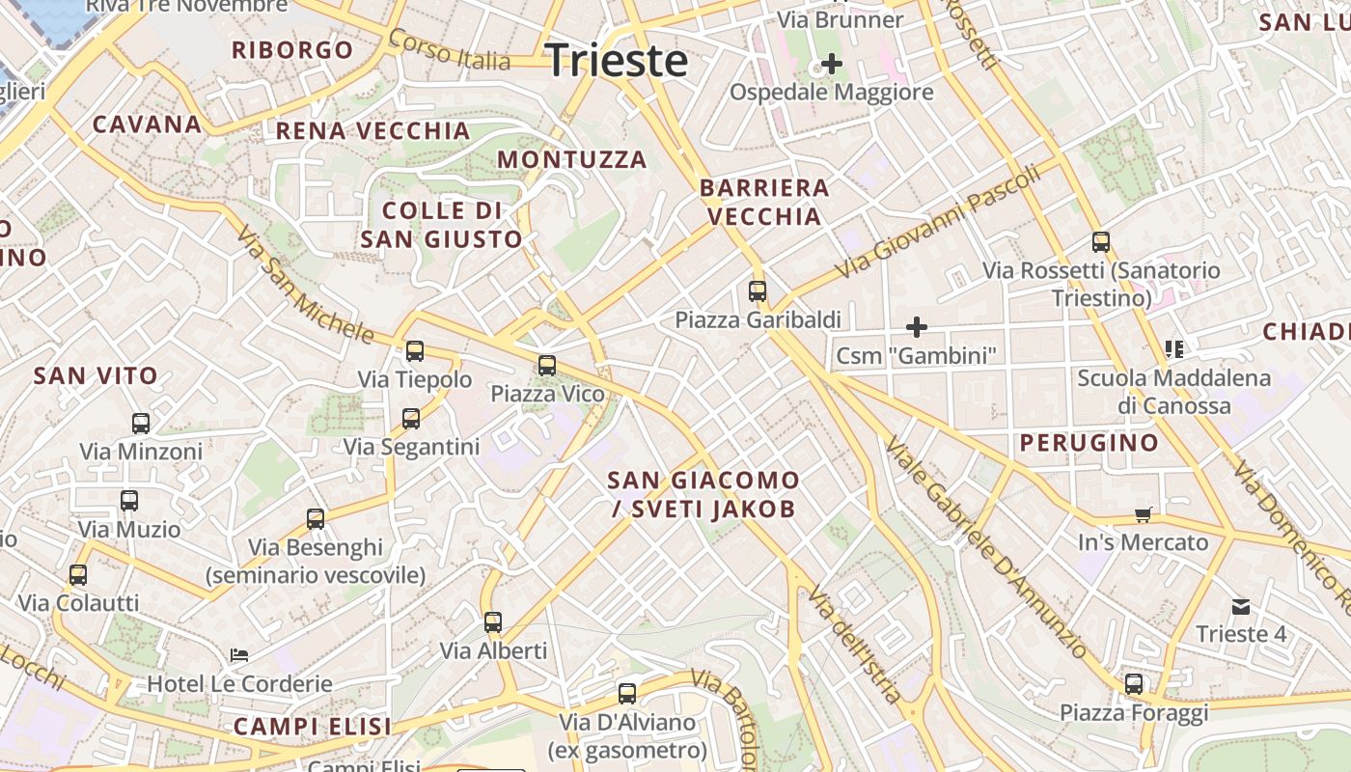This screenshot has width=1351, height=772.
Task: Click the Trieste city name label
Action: [x=616, y=61]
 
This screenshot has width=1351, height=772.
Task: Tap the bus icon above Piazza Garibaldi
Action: [x=758, y=290]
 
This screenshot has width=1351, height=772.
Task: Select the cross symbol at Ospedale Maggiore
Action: [x=831, y=65]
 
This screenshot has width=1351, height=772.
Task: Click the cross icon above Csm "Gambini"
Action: [x=916, y=327]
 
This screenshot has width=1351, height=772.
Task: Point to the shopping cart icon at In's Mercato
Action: [x=1144, y=514]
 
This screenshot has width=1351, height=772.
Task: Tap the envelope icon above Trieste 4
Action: [x=1240, y=607]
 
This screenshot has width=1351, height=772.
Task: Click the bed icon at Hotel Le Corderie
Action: [x=239, y=655]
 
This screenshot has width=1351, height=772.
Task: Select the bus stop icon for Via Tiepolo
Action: [x=415, y=351]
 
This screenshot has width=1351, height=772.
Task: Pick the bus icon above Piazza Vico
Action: [x=547, y=366]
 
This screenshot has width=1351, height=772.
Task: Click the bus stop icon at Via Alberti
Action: [x=493, y=622]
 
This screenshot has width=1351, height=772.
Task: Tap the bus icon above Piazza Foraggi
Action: [x=1134, y=684]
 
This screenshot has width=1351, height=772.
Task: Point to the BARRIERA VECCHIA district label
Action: [x=764, y=202]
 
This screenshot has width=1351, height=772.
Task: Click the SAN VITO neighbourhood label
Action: [x=96, y=376]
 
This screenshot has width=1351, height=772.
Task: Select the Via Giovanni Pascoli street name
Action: [x=936, y=220]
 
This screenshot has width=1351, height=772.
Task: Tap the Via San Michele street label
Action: [x=304, y=286]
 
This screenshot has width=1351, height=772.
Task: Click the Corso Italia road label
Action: [x=449, y=49]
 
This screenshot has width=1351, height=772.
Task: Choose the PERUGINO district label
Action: [x=1089, y=443]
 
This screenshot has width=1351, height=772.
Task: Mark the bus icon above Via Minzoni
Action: [x=141, y=423]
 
